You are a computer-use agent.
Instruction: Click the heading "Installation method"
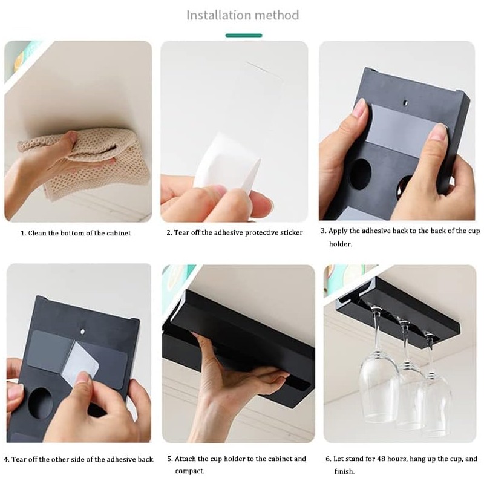(x=243, y=15)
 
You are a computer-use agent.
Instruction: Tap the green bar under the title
(x=244, y=36)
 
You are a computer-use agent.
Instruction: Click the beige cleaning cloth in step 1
(x=87, y=163)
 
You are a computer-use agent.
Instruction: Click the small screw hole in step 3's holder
(x=405, y=102)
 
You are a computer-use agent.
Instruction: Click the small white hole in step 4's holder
(x=82, y=332)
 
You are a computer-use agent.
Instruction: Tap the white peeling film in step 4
(x=80, y=362)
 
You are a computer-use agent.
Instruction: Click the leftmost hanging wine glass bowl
(x=378, y=386)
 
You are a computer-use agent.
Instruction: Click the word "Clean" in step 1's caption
(x=38, y=233)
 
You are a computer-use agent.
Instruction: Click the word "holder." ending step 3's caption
(x=341, y=244)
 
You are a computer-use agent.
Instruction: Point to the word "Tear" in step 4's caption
(x=19, y=459)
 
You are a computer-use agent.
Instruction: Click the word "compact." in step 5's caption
(x=190, y=471)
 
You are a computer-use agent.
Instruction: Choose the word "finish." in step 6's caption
(x=344, y=471)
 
